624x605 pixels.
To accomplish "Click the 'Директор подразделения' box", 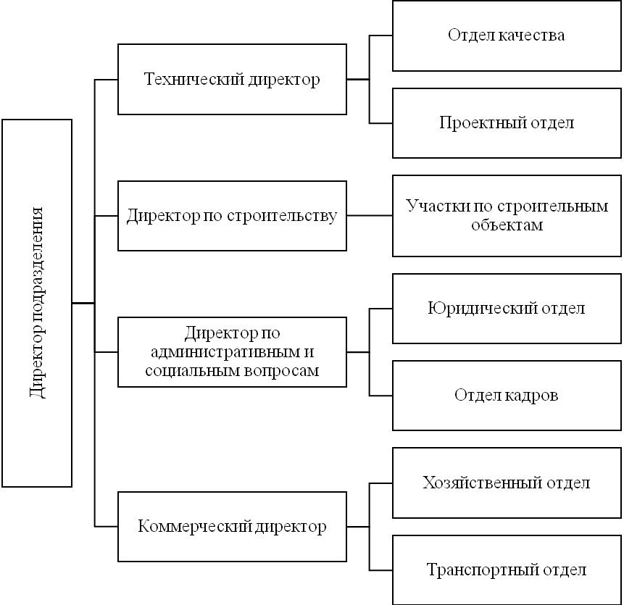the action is click(x=37, y=303).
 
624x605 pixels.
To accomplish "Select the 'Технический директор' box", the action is click(x=232, y=80).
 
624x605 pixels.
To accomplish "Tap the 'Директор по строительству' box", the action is click(x=232, y=216).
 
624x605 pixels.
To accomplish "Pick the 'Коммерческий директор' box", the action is click(x=232, y=527).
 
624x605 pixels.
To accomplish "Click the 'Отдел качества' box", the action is click(x=507, y=36).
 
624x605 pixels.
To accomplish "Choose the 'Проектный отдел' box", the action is click(x=507, y=123).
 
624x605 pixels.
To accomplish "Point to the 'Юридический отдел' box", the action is click(x=507, y=309).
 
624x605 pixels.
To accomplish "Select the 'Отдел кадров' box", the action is click(x=507, y=396).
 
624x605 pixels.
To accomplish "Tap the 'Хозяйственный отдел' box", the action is click(x=507, y=483).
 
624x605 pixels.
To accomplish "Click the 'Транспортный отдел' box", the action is click(x=507, y=570).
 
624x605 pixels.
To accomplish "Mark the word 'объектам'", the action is click(x=507, y=225).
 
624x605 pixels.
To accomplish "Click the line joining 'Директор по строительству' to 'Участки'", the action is click(x=370, y=216).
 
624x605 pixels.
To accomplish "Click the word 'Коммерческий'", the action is click(x=195, y=527).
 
